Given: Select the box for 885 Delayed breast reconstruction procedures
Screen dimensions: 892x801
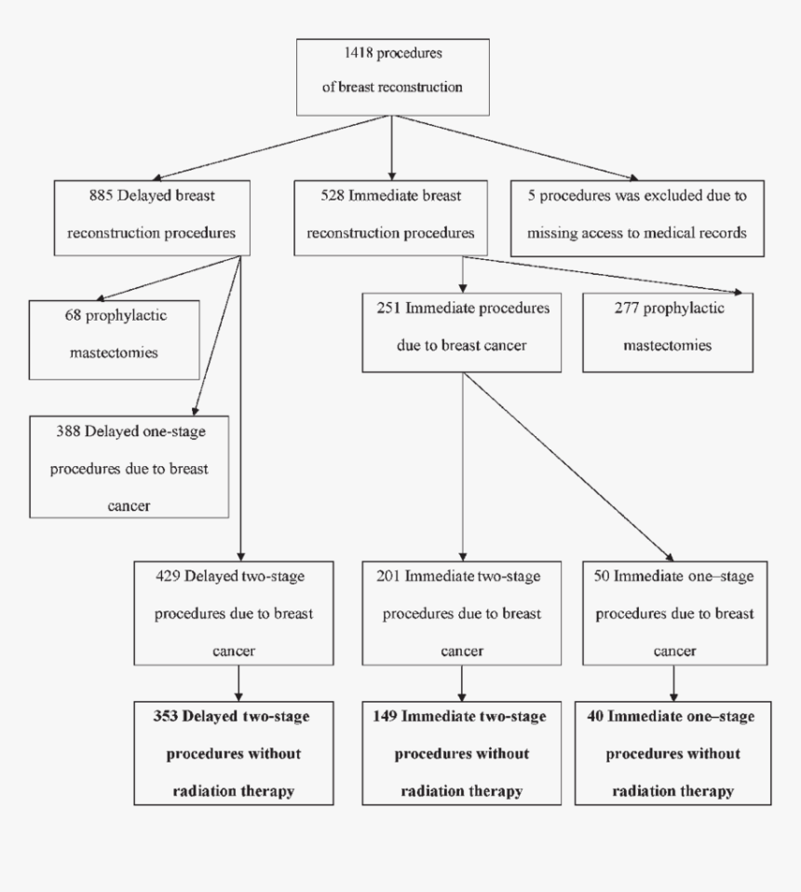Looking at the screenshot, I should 152,217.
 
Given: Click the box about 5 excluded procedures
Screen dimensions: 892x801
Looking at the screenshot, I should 637,217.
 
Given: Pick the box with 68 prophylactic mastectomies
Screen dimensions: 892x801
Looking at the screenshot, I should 114,339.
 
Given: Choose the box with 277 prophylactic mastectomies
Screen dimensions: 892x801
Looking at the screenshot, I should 668,332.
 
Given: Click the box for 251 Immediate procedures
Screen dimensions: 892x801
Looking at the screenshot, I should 463,332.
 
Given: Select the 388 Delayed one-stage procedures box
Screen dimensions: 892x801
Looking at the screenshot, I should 129,467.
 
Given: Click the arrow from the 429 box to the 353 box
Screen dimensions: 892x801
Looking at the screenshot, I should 239,683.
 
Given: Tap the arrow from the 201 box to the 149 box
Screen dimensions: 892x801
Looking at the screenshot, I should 462,683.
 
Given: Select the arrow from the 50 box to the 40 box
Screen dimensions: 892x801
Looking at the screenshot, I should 672,683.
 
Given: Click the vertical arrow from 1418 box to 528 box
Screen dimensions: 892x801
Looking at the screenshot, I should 391,149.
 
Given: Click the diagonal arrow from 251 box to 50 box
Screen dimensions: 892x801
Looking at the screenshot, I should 568,466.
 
